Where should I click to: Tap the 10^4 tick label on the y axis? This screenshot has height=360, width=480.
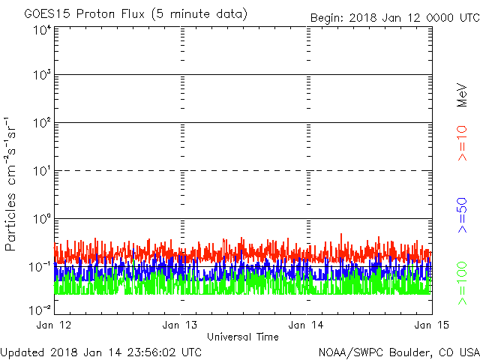41,29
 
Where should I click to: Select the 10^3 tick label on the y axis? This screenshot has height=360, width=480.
41,76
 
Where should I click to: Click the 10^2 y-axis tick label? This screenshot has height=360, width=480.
41,123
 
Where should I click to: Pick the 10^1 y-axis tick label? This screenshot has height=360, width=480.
41,171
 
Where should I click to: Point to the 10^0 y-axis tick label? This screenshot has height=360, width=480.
41,219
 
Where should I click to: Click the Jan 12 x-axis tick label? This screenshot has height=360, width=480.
55,325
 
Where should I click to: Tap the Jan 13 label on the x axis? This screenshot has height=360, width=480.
181,325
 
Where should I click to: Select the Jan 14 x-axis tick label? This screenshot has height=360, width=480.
307,325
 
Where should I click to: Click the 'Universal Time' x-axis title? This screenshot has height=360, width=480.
242,337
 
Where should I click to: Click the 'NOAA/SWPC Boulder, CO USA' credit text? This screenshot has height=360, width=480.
398,351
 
